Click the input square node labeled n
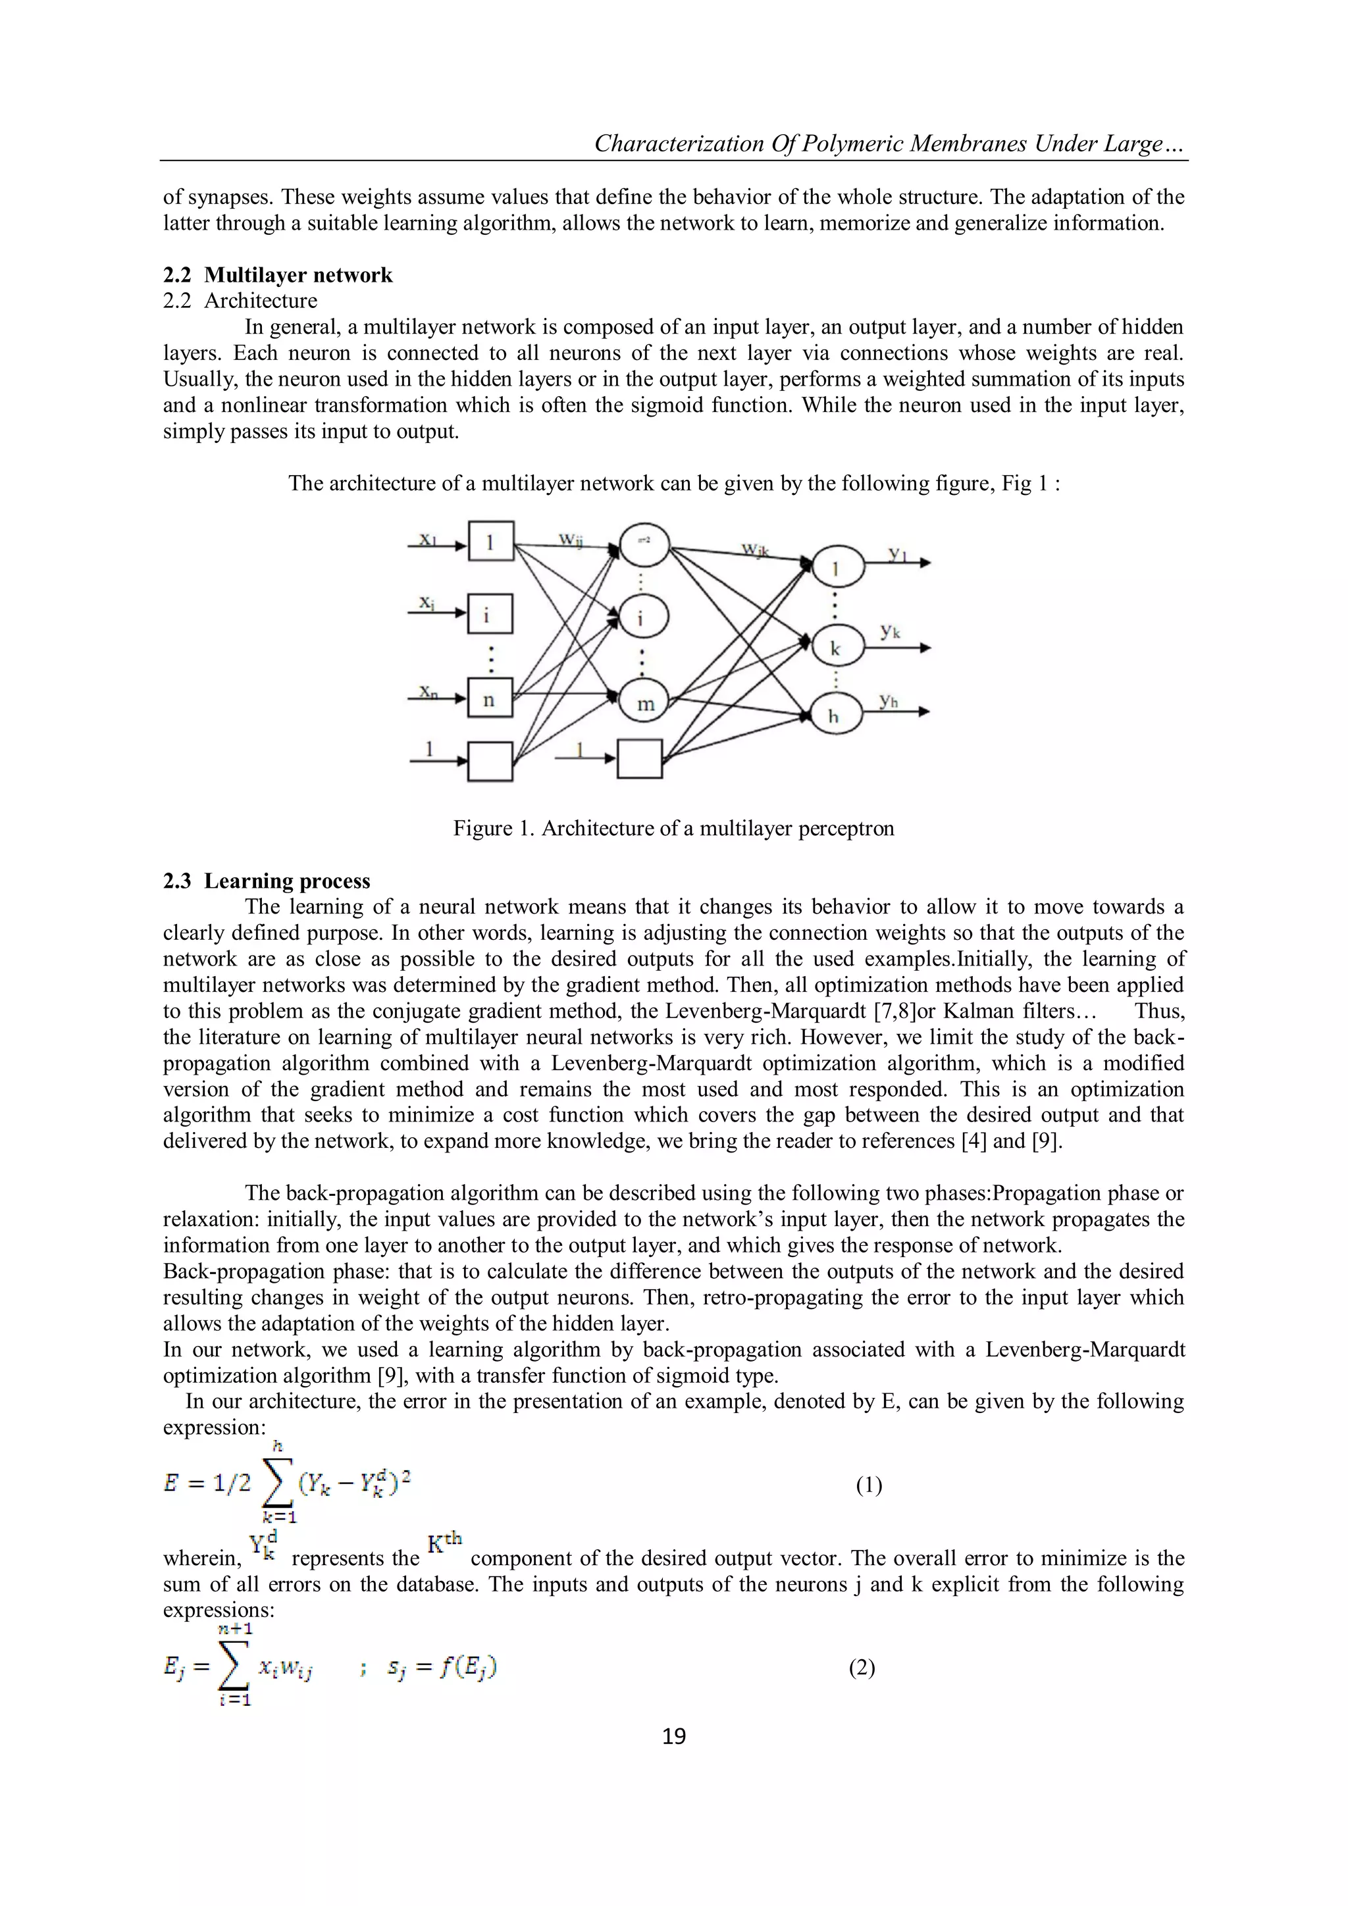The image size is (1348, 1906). [490, 699]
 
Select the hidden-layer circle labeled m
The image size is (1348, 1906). [645, 702]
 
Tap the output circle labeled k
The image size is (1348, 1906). [835, 648]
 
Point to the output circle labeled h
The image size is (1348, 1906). [834, 714]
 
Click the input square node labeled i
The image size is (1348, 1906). [490, 615]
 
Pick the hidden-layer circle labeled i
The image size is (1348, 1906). [643, 617]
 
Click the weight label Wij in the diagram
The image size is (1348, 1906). [569, 540]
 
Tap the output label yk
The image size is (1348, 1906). [891, 631]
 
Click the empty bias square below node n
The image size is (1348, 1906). [490, 760]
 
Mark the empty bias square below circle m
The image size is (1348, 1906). [640, 758]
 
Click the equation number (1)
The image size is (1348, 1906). [868, 1485]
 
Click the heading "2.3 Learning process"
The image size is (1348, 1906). [267, 881]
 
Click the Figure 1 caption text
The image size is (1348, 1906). [673, 828]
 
